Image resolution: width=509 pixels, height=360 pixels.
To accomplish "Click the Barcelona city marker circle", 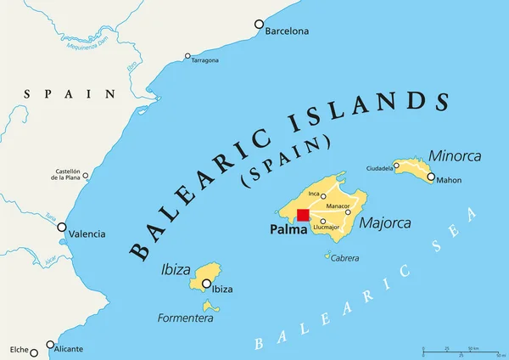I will point(260,25).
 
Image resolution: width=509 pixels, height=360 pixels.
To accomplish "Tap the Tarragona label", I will point(204,60).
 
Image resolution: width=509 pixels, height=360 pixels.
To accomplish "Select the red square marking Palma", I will point(303,215).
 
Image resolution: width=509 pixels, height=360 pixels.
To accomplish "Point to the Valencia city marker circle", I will point(62,227).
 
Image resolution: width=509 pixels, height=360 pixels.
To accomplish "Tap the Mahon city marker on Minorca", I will point(431,177).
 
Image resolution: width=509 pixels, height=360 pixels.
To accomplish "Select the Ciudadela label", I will point(379,168).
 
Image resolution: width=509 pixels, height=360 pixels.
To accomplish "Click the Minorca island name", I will point(455,156).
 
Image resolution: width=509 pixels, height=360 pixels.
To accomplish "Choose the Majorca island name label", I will point(385,224).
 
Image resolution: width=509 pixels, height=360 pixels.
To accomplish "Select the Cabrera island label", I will point(344,258).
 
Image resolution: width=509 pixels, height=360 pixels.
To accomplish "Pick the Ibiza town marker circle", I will point(206,284).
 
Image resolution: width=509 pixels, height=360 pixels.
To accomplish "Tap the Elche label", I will point(18,349).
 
